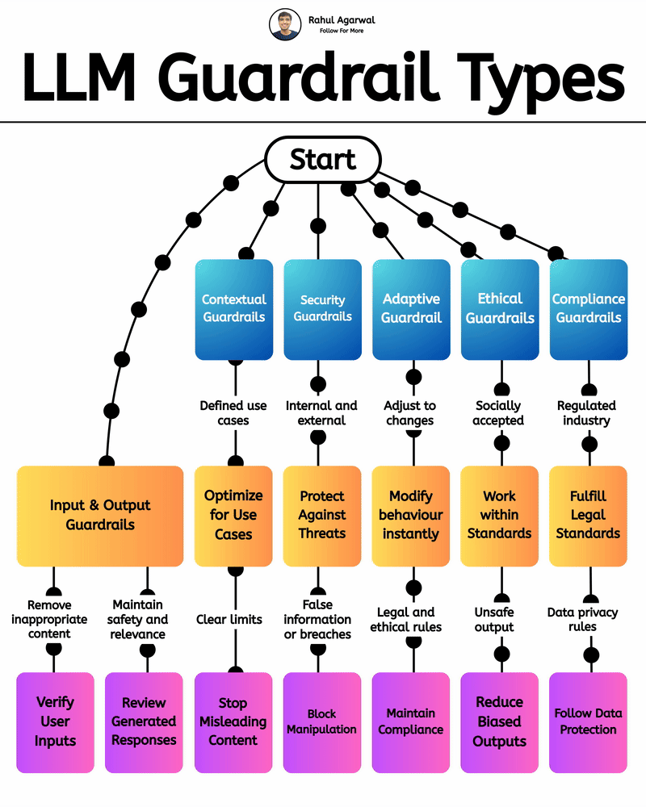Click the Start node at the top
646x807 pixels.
tap(323, 159)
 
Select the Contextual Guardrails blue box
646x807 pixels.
tap(234, 309)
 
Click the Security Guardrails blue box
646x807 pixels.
tap(322, 309)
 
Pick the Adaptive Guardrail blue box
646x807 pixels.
tap(411, 309)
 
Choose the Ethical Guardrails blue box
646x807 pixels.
tap(500, 309)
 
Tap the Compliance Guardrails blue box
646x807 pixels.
tap(588, 309)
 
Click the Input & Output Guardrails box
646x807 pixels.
tap(100, 515)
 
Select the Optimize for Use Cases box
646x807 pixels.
tap(234, 515)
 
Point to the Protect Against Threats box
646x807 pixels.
tap(322, 515)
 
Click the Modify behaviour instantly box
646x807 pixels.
tap(411, 515)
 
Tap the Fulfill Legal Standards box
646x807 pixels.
tap(588, 515)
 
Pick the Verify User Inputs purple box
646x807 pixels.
tap(55, 722)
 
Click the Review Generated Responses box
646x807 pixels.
tap(145, 722)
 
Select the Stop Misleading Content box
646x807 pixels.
tap(234, 722)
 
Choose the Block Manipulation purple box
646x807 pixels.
tap(322, 722)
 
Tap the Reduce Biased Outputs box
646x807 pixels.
tap(500, 722)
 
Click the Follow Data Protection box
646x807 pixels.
tap(588, 722)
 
